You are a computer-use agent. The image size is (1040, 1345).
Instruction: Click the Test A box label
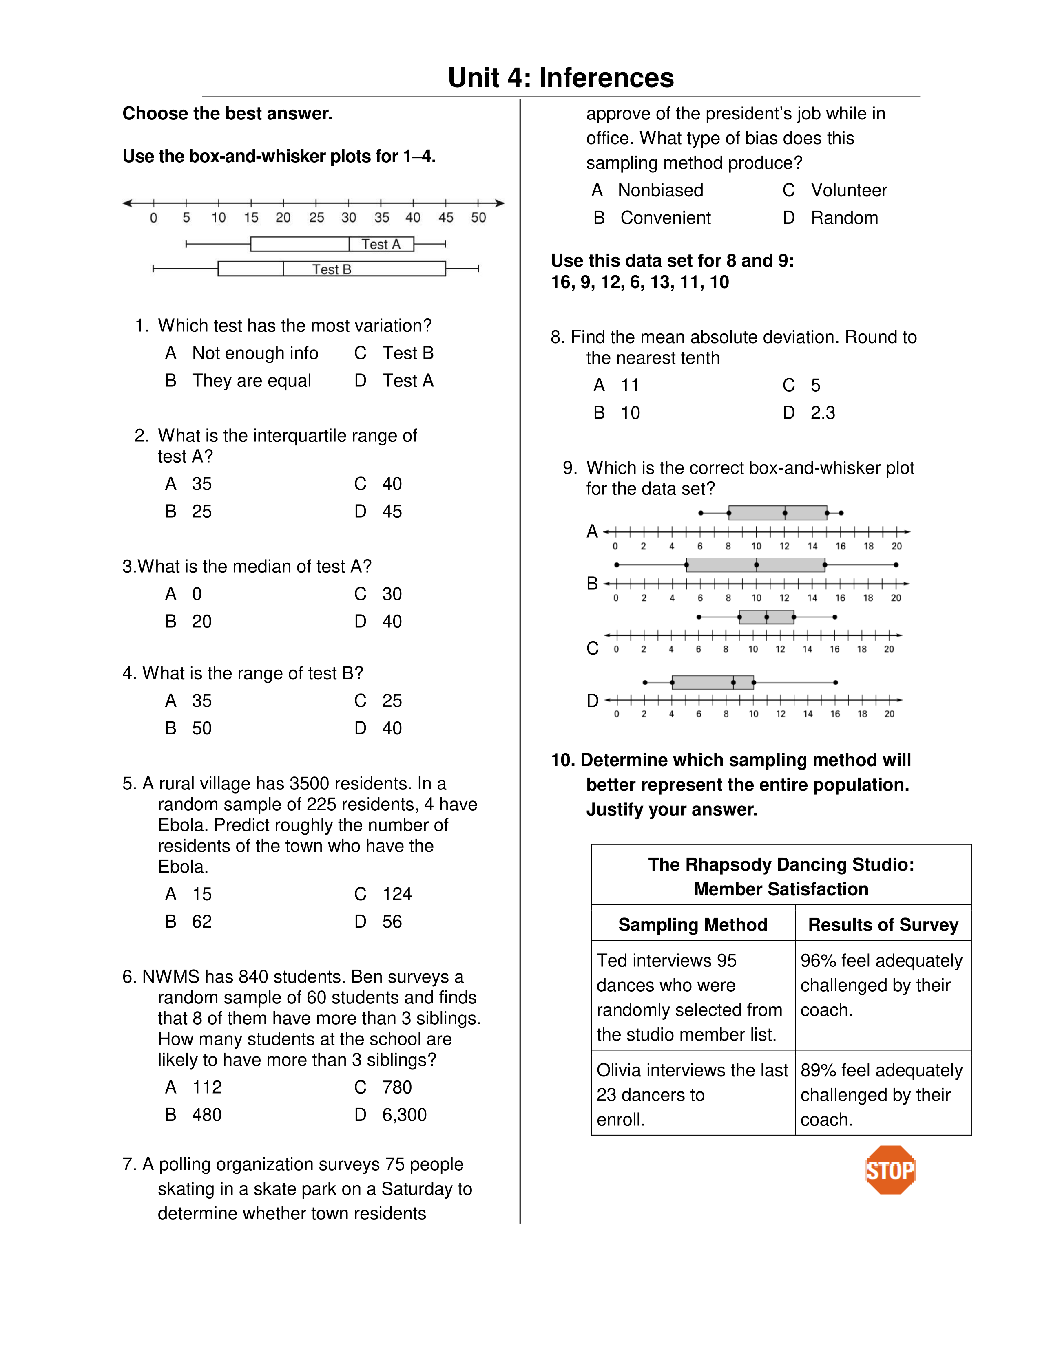[381, 245]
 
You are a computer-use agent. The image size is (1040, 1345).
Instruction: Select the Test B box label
[332, 269]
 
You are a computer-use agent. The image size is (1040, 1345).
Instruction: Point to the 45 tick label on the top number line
[445, 217]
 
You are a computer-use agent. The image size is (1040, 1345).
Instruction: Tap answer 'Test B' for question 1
[407, 353]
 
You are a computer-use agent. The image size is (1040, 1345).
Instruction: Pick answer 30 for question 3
[392, 594]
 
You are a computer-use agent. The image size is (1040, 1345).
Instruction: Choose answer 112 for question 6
[206, 1087]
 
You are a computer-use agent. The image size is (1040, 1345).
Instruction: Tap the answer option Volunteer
[848, 190]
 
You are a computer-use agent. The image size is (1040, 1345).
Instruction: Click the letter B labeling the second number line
[592, 583]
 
